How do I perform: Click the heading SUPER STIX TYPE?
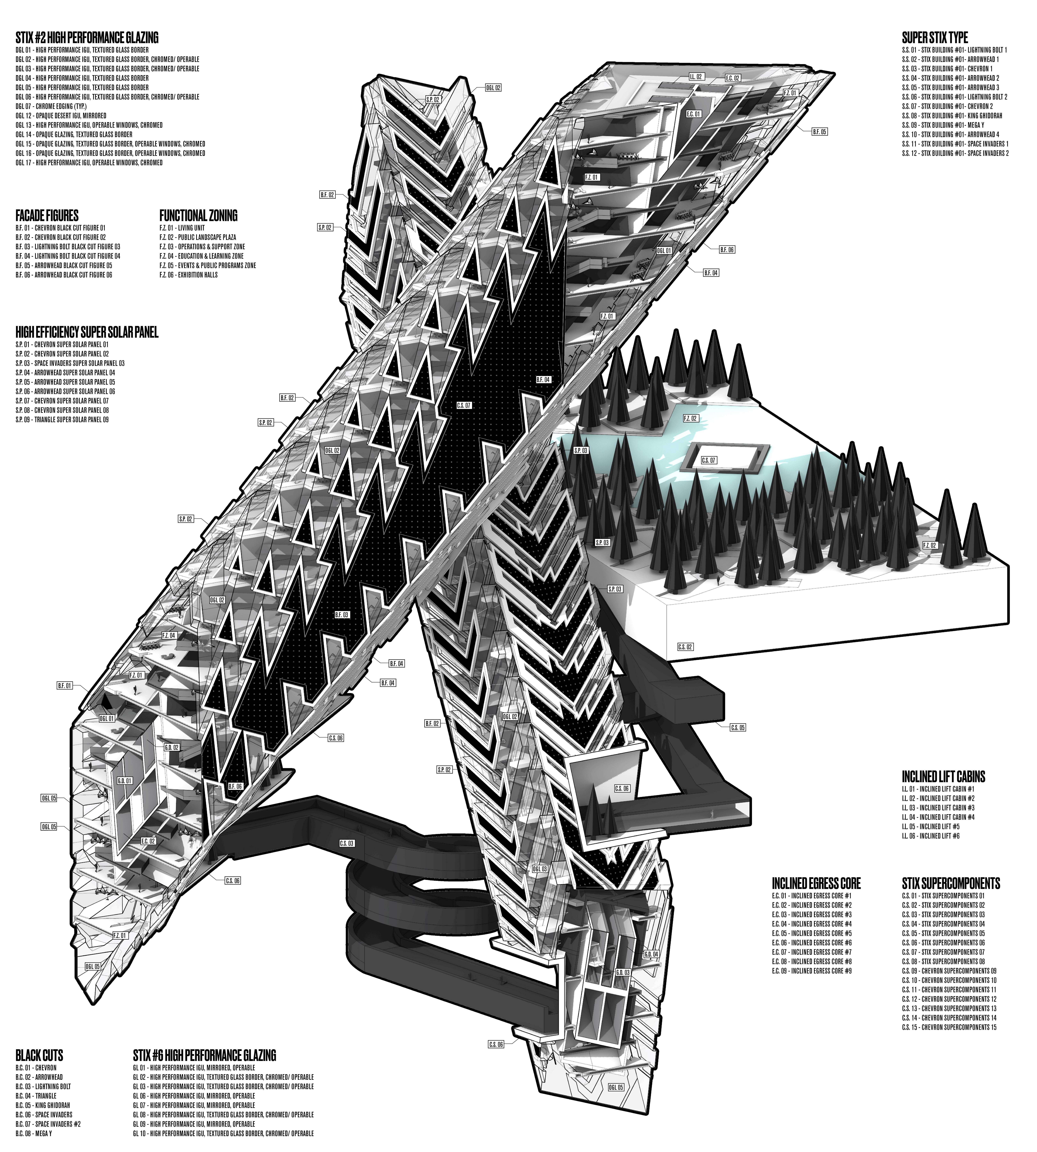(x=934, y=38)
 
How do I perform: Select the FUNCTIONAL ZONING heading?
(x=198, y=215)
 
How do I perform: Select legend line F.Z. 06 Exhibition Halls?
(x=189, y=275)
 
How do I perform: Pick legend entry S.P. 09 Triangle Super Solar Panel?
(x=62, y=419)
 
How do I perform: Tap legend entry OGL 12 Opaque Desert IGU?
(x=61, y=116)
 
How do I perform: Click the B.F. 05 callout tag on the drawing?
(x=819, y=132)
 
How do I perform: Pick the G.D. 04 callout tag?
(x=651, y=954)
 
